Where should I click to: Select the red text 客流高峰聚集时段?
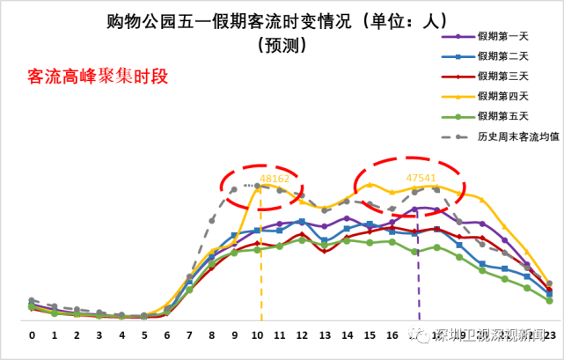98,77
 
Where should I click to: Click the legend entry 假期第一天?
502,36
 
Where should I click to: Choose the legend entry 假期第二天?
502,56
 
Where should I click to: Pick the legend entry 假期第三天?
502,77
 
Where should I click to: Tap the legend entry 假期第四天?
502,96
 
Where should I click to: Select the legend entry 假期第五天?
502,116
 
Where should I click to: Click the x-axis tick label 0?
32,335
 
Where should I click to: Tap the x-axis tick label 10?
257,335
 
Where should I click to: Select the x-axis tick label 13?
325,335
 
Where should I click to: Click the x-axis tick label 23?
549,335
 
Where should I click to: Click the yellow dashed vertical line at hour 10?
260,264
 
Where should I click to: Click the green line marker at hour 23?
549,301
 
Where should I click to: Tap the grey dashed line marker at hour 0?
32,300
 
